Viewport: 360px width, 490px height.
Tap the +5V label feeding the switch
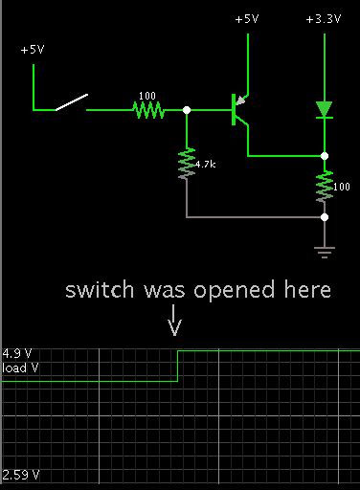(x=33, y=49)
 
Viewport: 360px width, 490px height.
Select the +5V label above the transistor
(x=247, y=19)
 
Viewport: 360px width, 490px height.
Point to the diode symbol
(x=325, y=109)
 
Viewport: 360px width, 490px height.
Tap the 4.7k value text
(x=204, y=165)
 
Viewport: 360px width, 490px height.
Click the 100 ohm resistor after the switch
(x=147, y=110)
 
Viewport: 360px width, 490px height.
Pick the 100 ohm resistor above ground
(x=325, y=185)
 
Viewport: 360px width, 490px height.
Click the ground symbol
(x=325, y=253)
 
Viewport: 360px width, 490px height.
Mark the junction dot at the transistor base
(x=187, y=110)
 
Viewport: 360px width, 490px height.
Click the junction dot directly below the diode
(x=325, y=155)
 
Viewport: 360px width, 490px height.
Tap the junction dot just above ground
(x=325, y=217)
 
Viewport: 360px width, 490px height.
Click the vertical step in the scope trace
(x=178, y=366)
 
